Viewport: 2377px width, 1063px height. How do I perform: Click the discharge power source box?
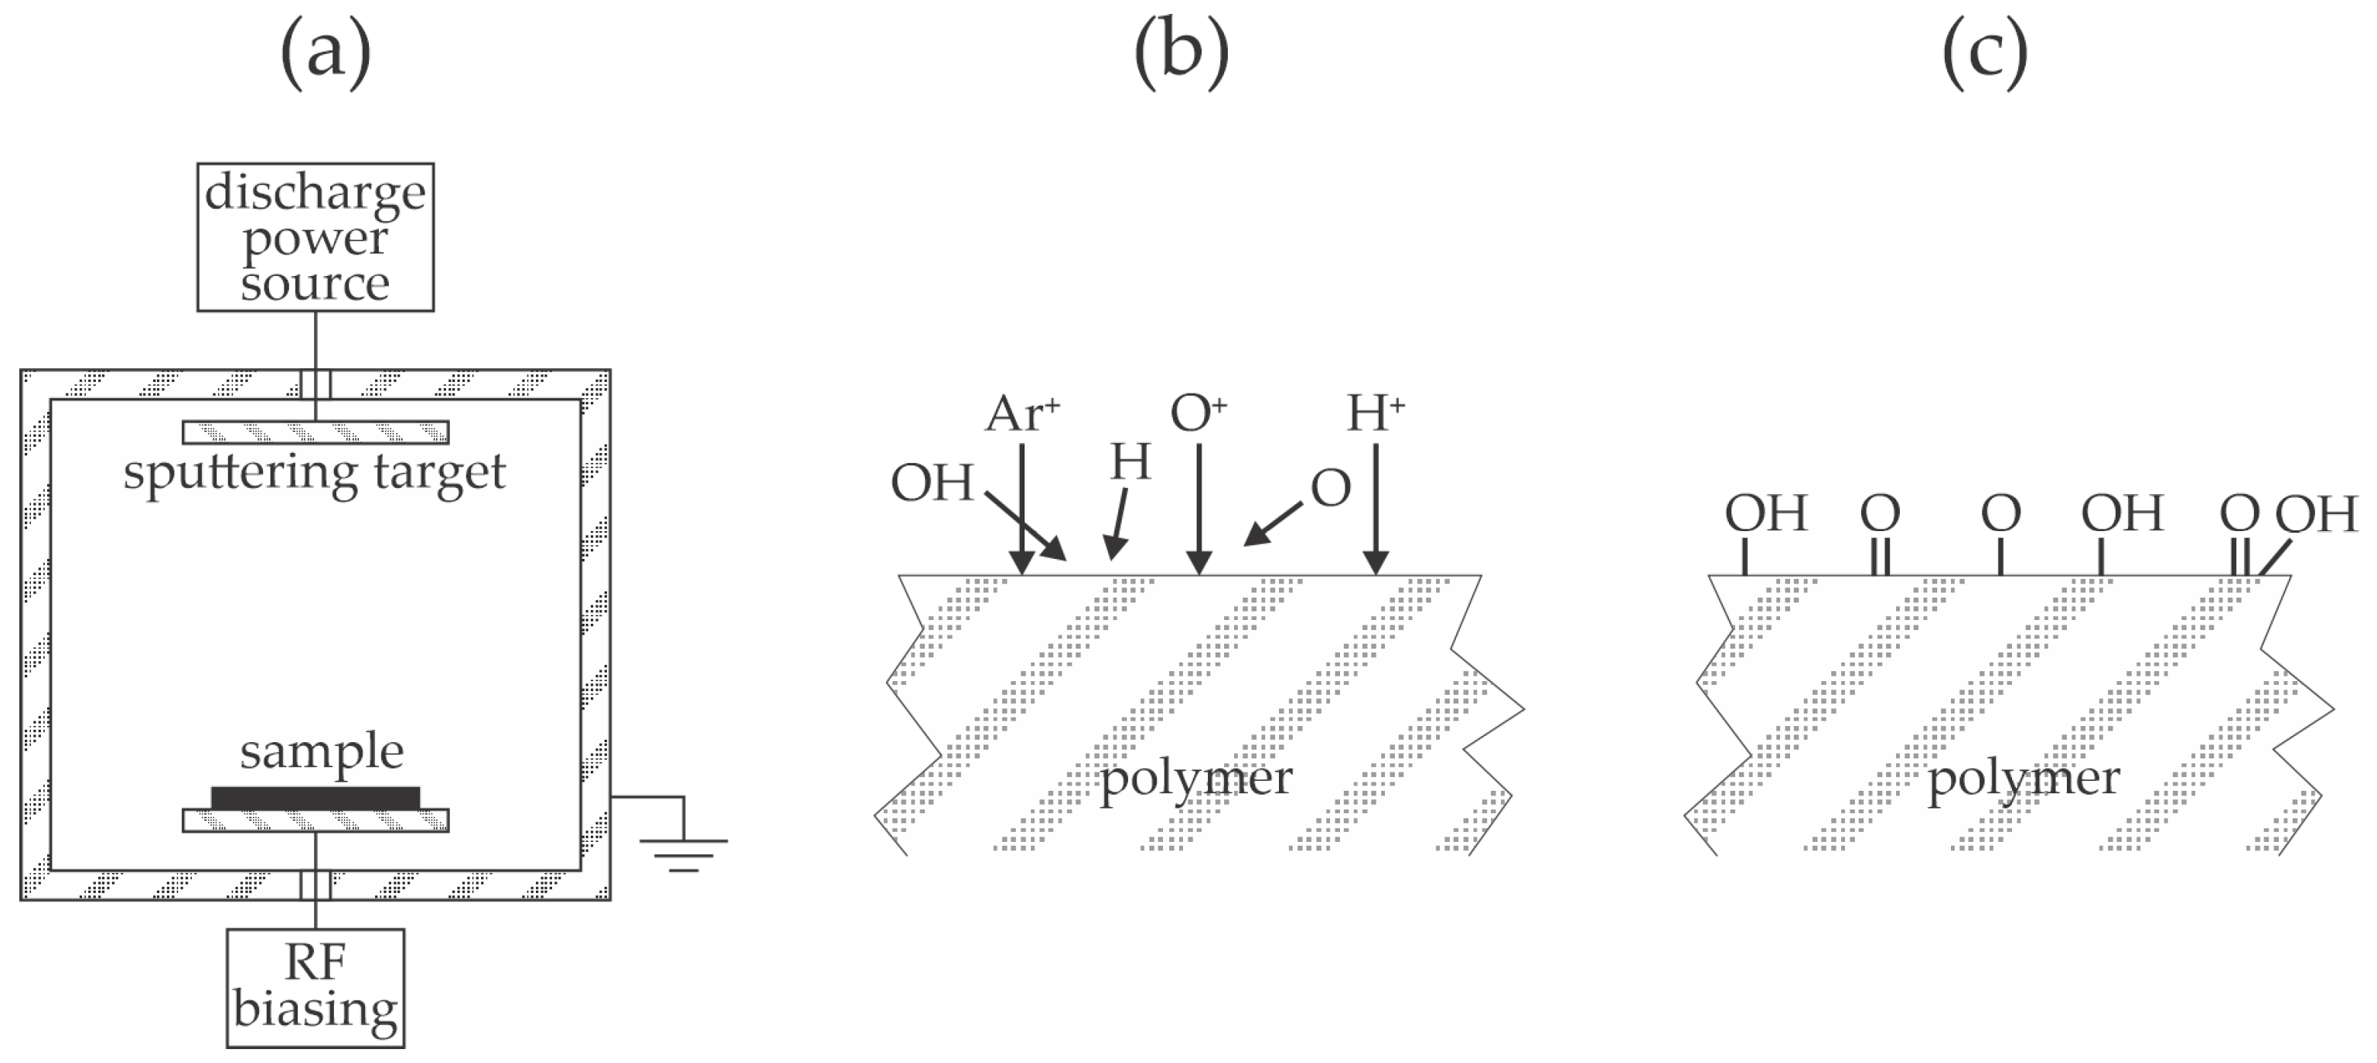point(315,237)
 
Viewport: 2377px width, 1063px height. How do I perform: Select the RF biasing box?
point(315,987)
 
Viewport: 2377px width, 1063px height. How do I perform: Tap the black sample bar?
point(315,797)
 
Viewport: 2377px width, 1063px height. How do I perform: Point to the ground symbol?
point(683,853)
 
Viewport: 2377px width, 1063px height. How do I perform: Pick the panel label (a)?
point(325,53)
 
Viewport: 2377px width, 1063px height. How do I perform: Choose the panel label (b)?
point(1181,53)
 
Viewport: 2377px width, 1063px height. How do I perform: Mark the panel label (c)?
point(1985,53)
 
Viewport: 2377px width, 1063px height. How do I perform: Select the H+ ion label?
point(1375,414)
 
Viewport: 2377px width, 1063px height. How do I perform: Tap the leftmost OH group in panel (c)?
point(1765,513)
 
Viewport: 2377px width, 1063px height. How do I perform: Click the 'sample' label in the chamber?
point(321,751)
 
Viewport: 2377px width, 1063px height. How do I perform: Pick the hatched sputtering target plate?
point(315,432)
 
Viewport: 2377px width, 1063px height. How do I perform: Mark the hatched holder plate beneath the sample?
point(315,820)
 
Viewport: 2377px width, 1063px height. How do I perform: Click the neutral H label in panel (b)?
point(1131,462)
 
